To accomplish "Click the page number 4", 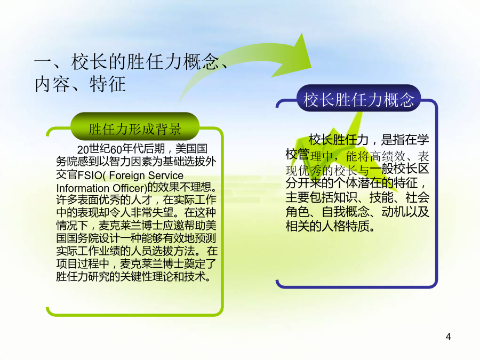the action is (x=448, y=337).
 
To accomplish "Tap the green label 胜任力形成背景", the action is (x=135, y=129).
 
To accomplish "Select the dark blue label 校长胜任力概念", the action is (x=358, y=100).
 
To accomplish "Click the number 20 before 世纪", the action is (x=83, y=150).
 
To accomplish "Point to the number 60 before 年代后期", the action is (x=116, y=150).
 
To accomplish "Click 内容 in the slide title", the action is (x=52, y=84).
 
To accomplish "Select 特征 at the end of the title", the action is (x=107, y=84).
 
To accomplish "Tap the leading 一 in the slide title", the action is (x=43, y=62).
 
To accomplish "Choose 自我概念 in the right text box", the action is (x=346, y=212).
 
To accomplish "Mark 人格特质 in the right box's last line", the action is (x=346, y=226).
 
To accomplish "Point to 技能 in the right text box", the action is (x=381, y=197).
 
